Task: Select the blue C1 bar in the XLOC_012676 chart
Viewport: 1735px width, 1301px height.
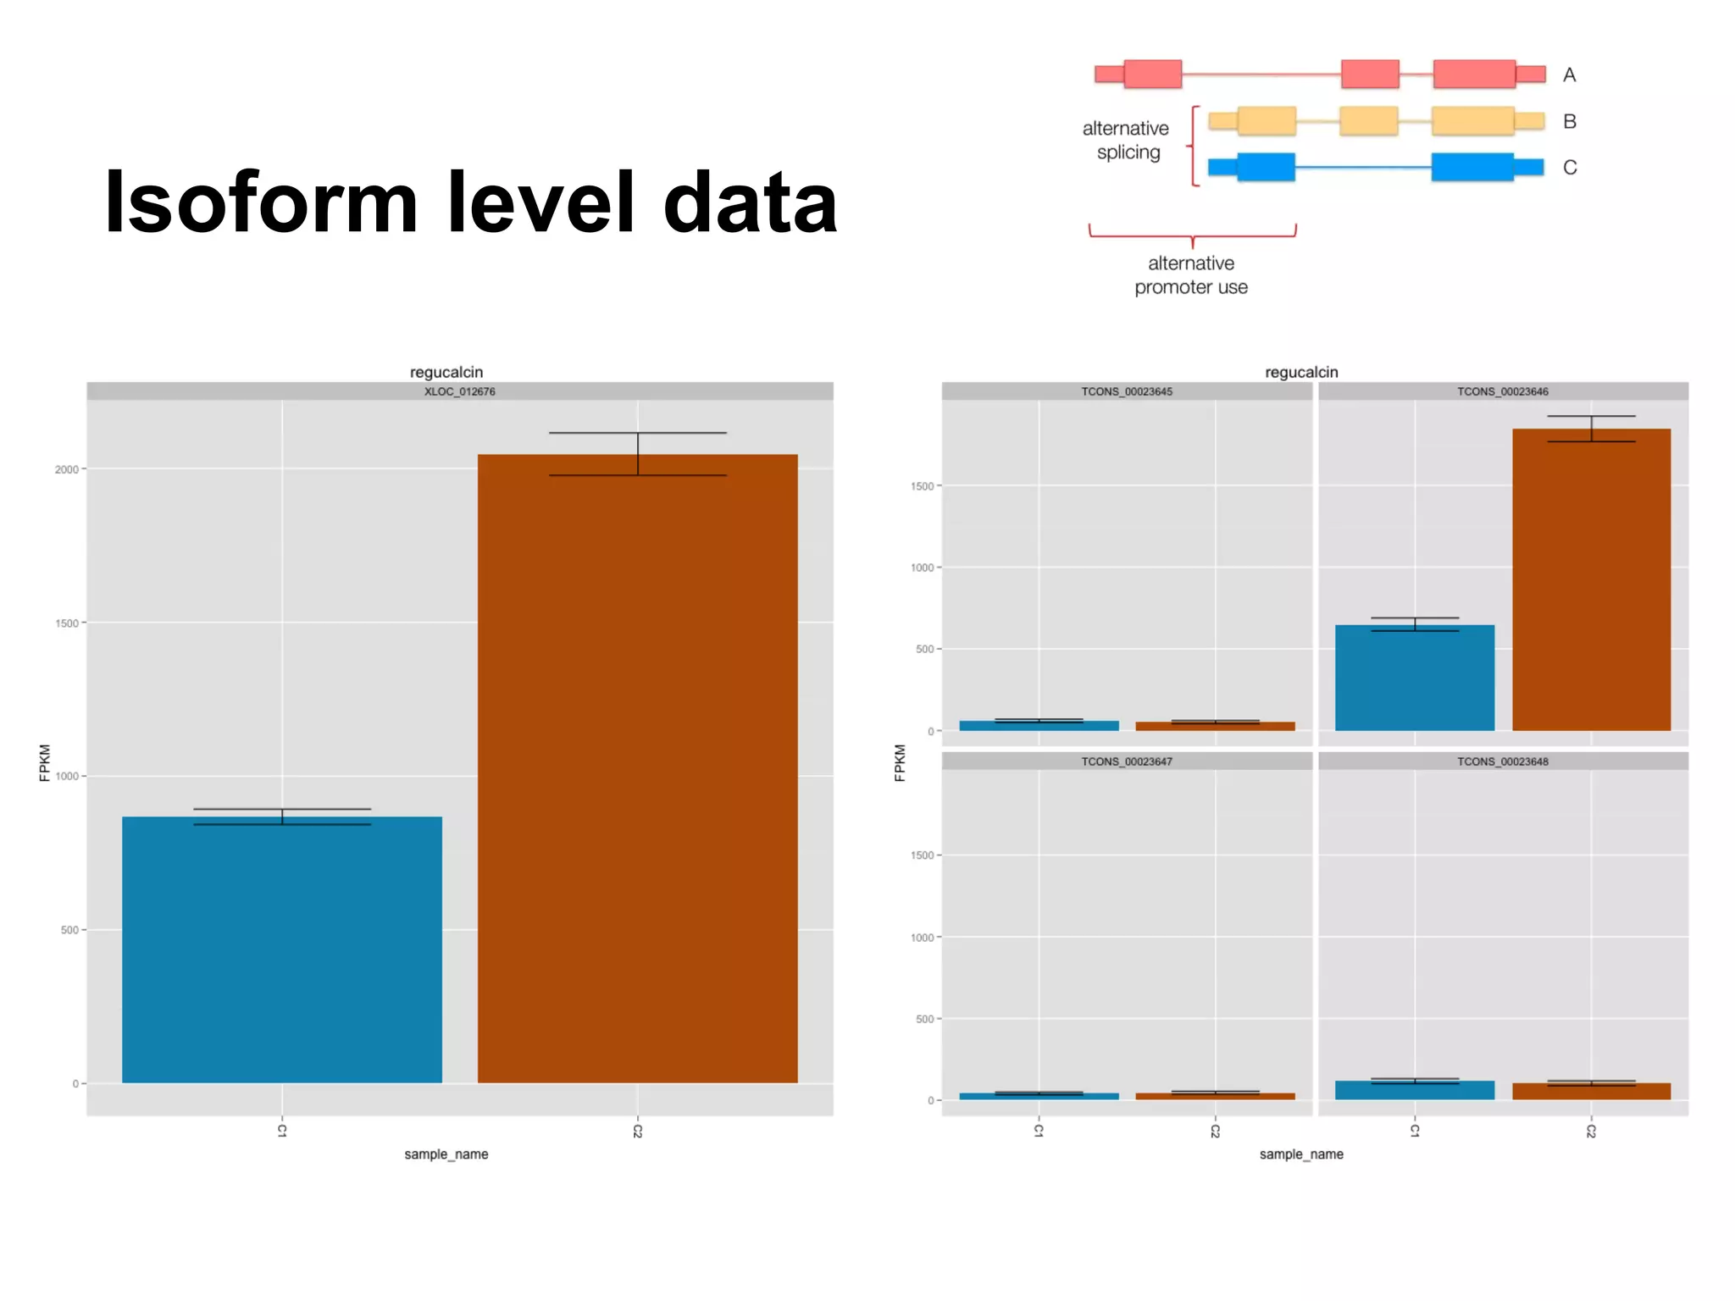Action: (282, 949)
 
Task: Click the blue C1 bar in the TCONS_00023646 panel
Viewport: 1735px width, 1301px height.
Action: (1414, 678)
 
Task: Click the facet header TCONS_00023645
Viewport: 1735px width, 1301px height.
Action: (1127, 391)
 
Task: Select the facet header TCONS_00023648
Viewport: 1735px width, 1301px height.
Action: (1502, 761)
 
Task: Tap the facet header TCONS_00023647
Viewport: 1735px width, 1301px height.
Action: (1127, 761)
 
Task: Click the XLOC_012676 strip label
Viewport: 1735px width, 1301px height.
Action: (459, 391)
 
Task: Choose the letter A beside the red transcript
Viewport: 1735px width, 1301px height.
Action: (1569, 75)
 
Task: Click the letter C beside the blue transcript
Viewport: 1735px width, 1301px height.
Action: (1570, 168)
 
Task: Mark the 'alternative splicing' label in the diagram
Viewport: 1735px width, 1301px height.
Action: (1126, 141)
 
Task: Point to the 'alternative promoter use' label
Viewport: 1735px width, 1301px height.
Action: (1191, 275)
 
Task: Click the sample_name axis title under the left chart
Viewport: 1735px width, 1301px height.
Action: (446, 1154)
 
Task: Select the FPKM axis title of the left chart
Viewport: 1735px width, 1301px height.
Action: (45, 762)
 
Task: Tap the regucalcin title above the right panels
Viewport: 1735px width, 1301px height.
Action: (1301, 372)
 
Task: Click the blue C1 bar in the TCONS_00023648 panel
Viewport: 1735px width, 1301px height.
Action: (1414, 1090)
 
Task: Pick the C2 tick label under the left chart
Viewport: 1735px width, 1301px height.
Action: (637, 1131)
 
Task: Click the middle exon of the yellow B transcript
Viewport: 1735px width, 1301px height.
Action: (1368, 121)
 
